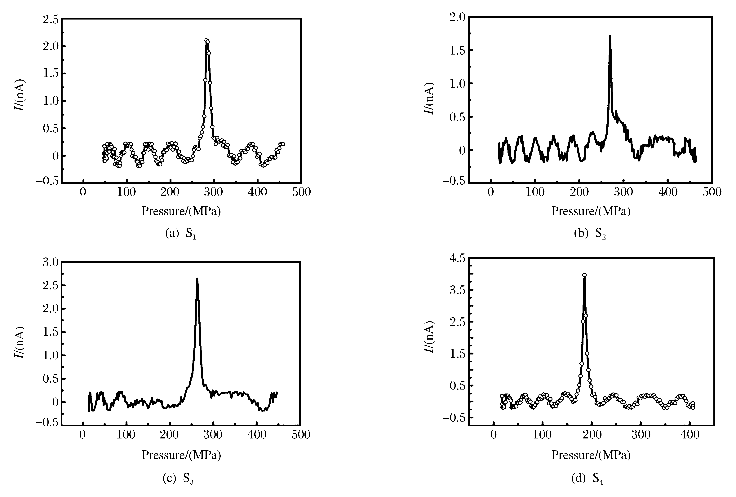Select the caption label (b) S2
pos(590,234)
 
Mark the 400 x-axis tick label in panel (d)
pos(689,434)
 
